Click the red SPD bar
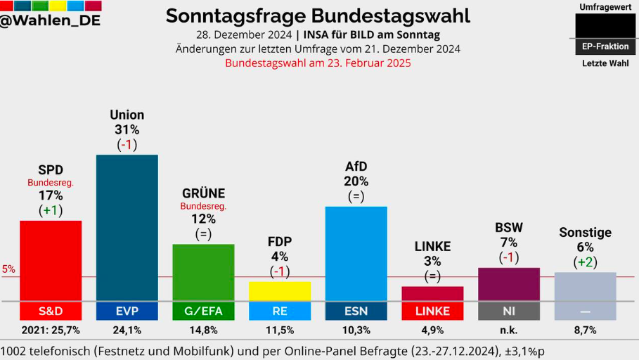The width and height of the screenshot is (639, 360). pyautogui.click(x=51, y=260)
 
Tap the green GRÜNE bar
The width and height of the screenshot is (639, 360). pyautogui.click(x=203, y=272)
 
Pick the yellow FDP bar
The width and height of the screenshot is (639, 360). pyautogui.click(x=280, y=291)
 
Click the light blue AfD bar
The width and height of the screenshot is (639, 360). pyautogui.click(x=356, y=253)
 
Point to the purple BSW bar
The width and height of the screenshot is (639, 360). pyautogui.click(x=508, y=284)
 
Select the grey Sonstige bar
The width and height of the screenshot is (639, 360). pyautogui.click(x=585, y=286)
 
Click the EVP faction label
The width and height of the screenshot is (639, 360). pyautogui.click(x=127, y=311)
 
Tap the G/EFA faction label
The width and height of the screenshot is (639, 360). pyautogui.click(x=203, y=311)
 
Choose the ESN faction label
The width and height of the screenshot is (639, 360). pyautogui.click(x=356, y=311)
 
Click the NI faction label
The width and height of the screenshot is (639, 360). pyautogui.click(x=508, y=311)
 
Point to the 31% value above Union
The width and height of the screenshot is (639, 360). pyautogui.click(x=127, y=129)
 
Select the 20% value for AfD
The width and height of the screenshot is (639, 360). pyautogui.click(x=356, y=181)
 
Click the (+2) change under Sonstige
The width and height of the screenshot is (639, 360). pyautogui.click(x=585, y=262)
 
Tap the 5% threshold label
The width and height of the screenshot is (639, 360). pyautogui.click(x=8, y=269)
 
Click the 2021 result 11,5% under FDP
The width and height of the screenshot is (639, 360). pyautogui.click(x=280, y=330)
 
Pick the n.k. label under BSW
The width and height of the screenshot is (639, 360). pyautogui.click(x=508, y=330)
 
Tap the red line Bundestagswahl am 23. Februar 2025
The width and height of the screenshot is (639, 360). pyautogui.click(x=318, y=63)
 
